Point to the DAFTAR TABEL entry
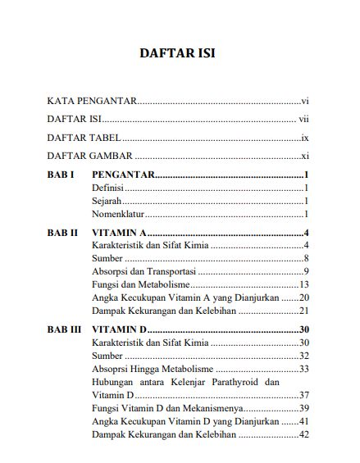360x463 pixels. click(x=84, y=138)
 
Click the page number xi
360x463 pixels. click(x=303, y=156)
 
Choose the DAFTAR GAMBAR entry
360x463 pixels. click(x=90, y=156)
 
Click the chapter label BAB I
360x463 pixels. click(x=62, y=175)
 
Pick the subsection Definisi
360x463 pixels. click(x=108, y=188)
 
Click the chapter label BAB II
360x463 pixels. click(x=63, y=233)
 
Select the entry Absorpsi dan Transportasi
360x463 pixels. click(x=144, y=271)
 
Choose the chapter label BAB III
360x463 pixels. click(x=65, y=329)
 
